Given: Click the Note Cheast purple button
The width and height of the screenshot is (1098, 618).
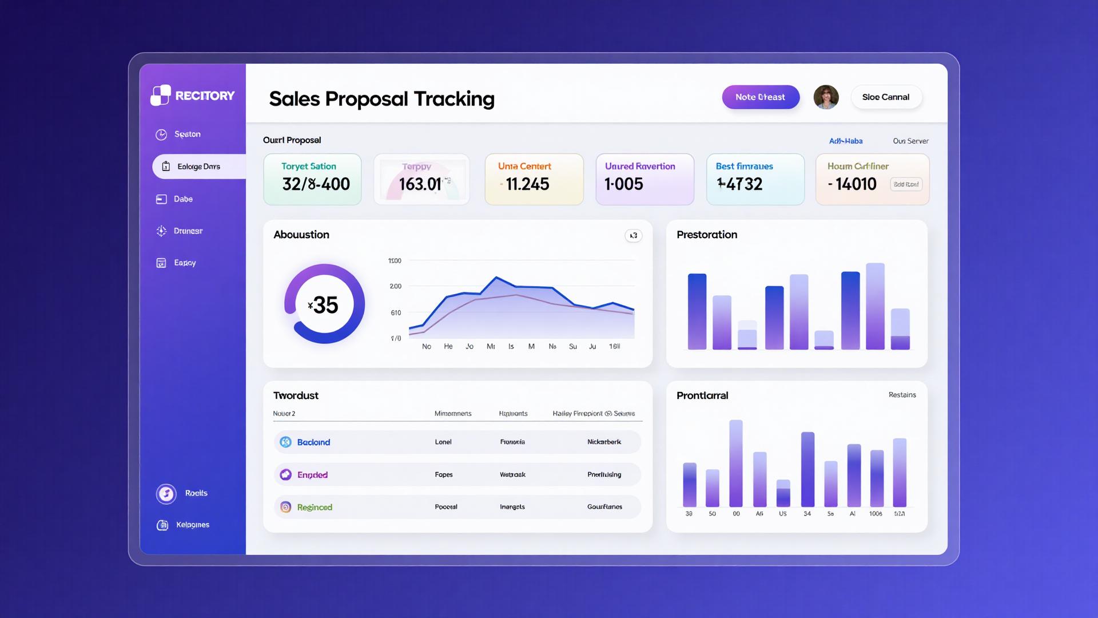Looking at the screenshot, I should (760, 97).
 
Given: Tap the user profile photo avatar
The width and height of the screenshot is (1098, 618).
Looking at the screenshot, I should (826, 97).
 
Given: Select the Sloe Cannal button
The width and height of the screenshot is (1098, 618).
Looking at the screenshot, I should (885, 97).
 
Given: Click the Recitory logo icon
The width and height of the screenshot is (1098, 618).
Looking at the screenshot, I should (161, 96).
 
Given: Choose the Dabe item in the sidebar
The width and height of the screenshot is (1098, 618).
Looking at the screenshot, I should (183, 199).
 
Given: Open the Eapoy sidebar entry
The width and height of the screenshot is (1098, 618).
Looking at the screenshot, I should (184, 263).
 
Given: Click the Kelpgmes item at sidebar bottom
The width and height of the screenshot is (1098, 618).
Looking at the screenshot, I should (192, 525).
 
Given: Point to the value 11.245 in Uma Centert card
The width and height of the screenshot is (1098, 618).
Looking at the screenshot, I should (527, 184).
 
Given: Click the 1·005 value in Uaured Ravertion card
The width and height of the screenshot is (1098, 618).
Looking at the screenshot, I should (624, 184).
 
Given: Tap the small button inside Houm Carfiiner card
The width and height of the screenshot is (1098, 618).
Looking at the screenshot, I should (906, 184).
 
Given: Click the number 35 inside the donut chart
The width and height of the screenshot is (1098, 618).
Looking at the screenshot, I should (325, 305).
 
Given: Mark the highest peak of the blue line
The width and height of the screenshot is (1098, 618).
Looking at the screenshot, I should (496, 278).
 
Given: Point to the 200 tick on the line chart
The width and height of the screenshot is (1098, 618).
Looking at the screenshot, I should (395, 286).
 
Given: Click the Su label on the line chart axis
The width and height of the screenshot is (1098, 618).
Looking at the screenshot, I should (572, 347).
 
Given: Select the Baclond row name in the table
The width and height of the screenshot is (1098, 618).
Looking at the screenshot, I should (313, 442).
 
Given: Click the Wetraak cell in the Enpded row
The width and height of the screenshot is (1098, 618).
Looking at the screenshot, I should (512, 474).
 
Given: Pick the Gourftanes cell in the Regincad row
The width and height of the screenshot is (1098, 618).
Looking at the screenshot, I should (604, 507).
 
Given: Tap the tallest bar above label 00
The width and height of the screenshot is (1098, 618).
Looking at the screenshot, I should (736, 463).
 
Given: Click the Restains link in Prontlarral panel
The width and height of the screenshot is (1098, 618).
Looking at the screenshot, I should (902, 395).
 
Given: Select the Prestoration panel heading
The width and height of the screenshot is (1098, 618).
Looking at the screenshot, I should (707, 235).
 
